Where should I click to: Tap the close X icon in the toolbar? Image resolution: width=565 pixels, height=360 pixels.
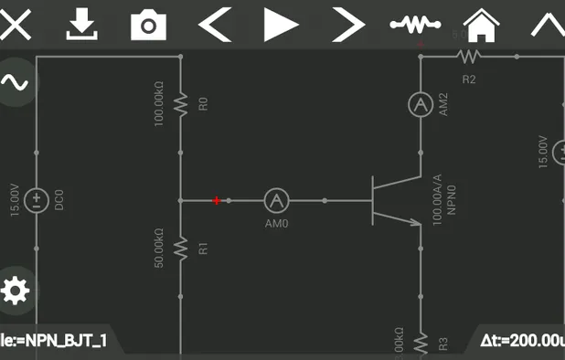(x=15, y=25)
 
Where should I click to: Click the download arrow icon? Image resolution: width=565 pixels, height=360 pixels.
(x=82, y=25)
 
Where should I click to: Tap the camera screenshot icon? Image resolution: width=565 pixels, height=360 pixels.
(x=148, y=26)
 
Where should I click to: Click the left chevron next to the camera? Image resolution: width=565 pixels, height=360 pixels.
(x=214, y=25)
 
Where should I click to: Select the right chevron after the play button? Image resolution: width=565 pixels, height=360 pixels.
(x=347, y=25)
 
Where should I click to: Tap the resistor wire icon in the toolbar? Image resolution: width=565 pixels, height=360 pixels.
(x=414, y=25)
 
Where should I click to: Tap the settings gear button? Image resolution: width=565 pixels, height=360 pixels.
(x=15, y=291)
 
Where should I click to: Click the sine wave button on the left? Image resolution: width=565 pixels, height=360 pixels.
(x=15, y=82)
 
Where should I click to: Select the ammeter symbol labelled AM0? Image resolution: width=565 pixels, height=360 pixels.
(x=276, y=200)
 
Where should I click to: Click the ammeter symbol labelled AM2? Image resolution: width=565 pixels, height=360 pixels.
(x=420, y=105)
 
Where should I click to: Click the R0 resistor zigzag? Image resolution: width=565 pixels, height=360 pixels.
(x=181, y=105)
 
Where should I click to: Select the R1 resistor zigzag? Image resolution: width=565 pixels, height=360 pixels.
(x=181, y=247)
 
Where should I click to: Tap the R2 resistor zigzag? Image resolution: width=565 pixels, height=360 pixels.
(x=468, y=57)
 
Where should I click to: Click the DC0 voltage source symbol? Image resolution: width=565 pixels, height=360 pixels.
(x=37, y=200)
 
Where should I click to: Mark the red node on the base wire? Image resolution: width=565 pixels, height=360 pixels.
(x=217, y=200)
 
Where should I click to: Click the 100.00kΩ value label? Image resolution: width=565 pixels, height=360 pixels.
(x=159, y=105)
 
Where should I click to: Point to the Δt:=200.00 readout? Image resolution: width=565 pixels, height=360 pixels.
(x=521, y=341)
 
